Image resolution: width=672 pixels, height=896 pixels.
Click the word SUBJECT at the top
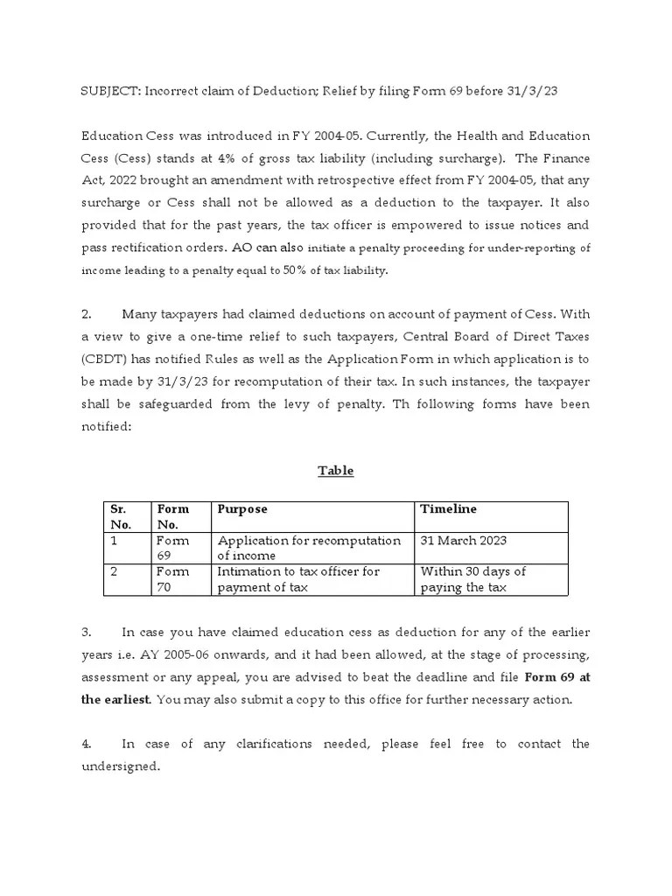point(109,92)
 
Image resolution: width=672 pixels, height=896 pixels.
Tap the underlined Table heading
point(335,470)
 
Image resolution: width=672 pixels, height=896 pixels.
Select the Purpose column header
point(242,509)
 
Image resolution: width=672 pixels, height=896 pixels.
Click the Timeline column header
point(448,509)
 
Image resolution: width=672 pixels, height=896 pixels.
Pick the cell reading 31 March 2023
point(463,540)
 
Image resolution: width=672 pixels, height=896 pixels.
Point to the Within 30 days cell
point(472,578)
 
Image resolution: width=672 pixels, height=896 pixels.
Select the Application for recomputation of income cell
point(309,548)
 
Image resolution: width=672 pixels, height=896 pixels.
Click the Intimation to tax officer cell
point(298,578)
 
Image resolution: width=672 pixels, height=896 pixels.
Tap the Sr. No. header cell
point(119,516)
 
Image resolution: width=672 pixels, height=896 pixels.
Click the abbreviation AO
point(242,248)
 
